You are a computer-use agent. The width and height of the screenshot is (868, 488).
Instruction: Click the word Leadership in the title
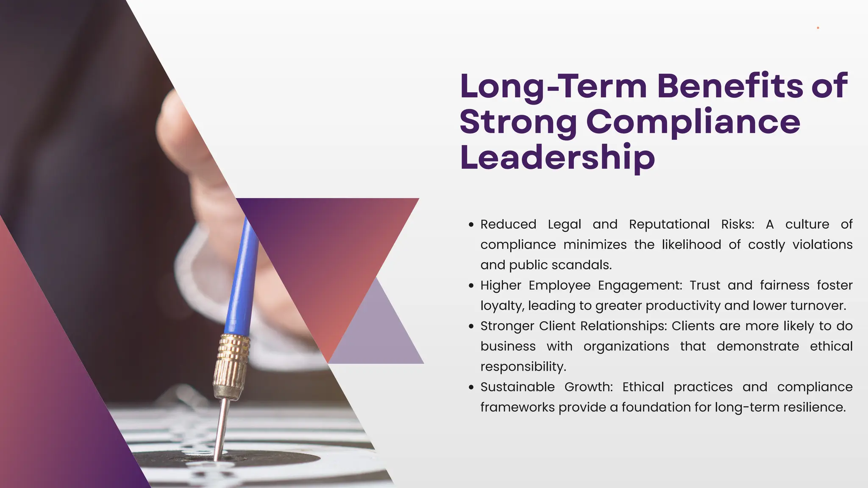click(x=557, y=158)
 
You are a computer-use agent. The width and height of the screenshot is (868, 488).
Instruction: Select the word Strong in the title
click(x=518, y=122)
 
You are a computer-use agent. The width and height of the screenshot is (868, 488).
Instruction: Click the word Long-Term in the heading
click(x=553, y=86)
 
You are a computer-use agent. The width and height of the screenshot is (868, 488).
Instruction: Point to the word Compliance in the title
click(x=693, y=122)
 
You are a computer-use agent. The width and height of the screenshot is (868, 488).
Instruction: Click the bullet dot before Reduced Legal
click(x=471, y=225)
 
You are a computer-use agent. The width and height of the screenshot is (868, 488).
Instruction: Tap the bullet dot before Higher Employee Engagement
click(x=471, y=286)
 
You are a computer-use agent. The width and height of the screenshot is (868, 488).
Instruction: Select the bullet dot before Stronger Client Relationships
click(x=471, y=327)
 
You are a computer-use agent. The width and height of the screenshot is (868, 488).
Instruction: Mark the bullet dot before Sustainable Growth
click(x=471, y=388)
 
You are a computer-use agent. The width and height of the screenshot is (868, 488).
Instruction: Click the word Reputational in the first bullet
click(x=669, y=225)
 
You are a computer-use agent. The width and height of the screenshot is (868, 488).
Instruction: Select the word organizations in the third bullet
click(x=626, y=347)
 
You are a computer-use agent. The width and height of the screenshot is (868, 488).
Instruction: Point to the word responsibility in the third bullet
click(x=523, y=367)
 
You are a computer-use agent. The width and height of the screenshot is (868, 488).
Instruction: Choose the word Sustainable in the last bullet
click(x=517, y=387)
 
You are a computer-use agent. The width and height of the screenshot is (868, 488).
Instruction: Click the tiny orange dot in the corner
click(x=818, y=28)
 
